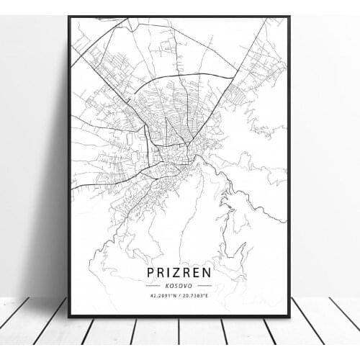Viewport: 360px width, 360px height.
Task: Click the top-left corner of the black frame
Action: (69, 17)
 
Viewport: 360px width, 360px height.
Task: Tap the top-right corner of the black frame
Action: (289, 17)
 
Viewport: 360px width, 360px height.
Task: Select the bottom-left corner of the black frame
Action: (69, 317)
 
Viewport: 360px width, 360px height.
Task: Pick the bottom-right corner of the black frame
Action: (289, 317)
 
